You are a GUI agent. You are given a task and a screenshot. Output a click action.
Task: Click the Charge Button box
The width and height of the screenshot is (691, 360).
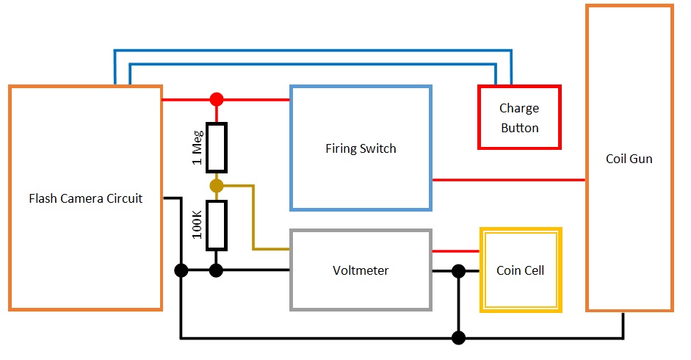(519, 118)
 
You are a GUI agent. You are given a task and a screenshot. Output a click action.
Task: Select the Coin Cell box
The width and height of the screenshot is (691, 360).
(520, 270)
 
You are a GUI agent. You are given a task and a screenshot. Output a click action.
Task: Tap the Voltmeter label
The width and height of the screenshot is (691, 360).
(361, 270)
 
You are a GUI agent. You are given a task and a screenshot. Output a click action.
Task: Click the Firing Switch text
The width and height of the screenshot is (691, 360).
(361, 148)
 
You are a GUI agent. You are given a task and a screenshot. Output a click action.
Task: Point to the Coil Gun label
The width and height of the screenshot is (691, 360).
(629, 159)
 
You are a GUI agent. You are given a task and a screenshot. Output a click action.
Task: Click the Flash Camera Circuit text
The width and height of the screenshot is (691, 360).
(85, 198)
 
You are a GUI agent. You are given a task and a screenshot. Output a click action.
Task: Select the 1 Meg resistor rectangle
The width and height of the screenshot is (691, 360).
(216, 148)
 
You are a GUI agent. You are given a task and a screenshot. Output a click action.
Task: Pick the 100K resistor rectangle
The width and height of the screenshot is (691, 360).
(216, 224)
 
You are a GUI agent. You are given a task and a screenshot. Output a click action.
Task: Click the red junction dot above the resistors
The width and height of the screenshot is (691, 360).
(216, 99)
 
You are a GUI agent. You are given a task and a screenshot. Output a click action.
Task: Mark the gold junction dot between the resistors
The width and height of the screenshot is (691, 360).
(216, 185)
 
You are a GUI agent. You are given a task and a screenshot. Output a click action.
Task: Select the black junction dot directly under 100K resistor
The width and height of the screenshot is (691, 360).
(216, 270)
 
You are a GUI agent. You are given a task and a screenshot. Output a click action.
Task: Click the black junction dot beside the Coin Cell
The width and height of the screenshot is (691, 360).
(458, 271)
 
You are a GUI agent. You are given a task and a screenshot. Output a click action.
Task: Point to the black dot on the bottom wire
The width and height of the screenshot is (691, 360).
(458, 338)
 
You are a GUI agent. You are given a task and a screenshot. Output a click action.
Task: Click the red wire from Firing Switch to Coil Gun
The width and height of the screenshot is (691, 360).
(507, 179)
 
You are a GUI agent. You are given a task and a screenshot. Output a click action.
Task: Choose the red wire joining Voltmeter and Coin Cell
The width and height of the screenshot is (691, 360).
(455, 251)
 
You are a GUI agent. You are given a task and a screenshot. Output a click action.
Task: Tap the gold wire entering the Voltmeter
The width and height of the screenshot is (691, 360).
(253, 220)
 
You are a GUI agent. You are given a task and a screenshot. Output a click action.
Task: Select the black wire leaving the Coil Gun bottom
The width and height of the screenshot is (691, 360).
(623, 327)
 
